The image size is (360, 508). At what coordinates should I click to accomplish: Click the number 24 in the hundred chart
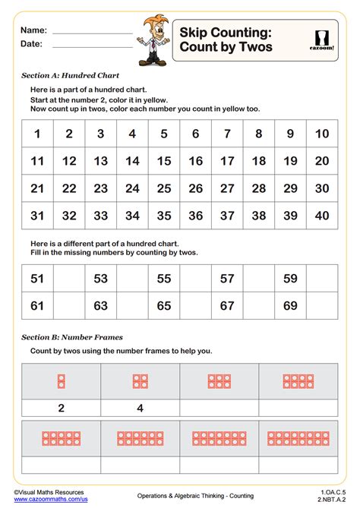(132, 188)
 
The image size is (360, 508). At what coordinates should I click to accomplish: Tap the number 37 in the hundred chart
(227, 215)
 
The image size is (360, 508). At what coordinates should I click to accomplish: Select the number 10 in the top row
(322, 134)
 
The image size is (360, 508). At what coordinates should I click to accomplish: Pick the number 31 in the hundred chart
(37, 215)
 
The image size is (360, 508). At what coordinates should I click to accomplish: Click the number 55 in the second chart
(164, 278)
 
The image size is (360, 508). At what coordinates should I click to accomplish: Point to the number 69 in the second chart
(290, 306)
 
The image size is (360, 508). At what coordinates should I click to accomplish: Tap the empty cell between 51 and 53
(69, 278)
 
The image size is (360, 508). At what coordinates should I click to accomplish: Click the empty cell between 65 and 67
(195, 306)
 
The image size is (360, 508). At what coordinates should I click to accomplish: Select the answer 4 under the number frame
(140, 408)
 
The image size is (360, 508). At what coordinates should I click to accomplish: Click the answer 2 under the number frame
(61, 408)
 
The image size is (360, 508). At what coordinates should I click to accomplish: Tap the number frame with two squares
(61, 380)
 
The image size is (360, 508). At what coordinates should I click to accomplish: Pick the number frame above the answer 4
(140, 380)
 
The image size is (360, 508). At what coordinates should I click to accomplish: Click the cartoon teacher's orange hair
(150, 21)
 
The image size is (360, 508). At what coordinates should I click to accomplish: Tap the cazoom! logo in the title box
(322, 39)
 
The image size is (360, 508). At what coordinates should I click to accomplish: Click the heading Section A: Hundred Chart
(70, 76)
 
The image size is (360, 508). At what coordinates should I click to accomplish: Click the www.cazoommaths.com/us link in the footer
(50, 499)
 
